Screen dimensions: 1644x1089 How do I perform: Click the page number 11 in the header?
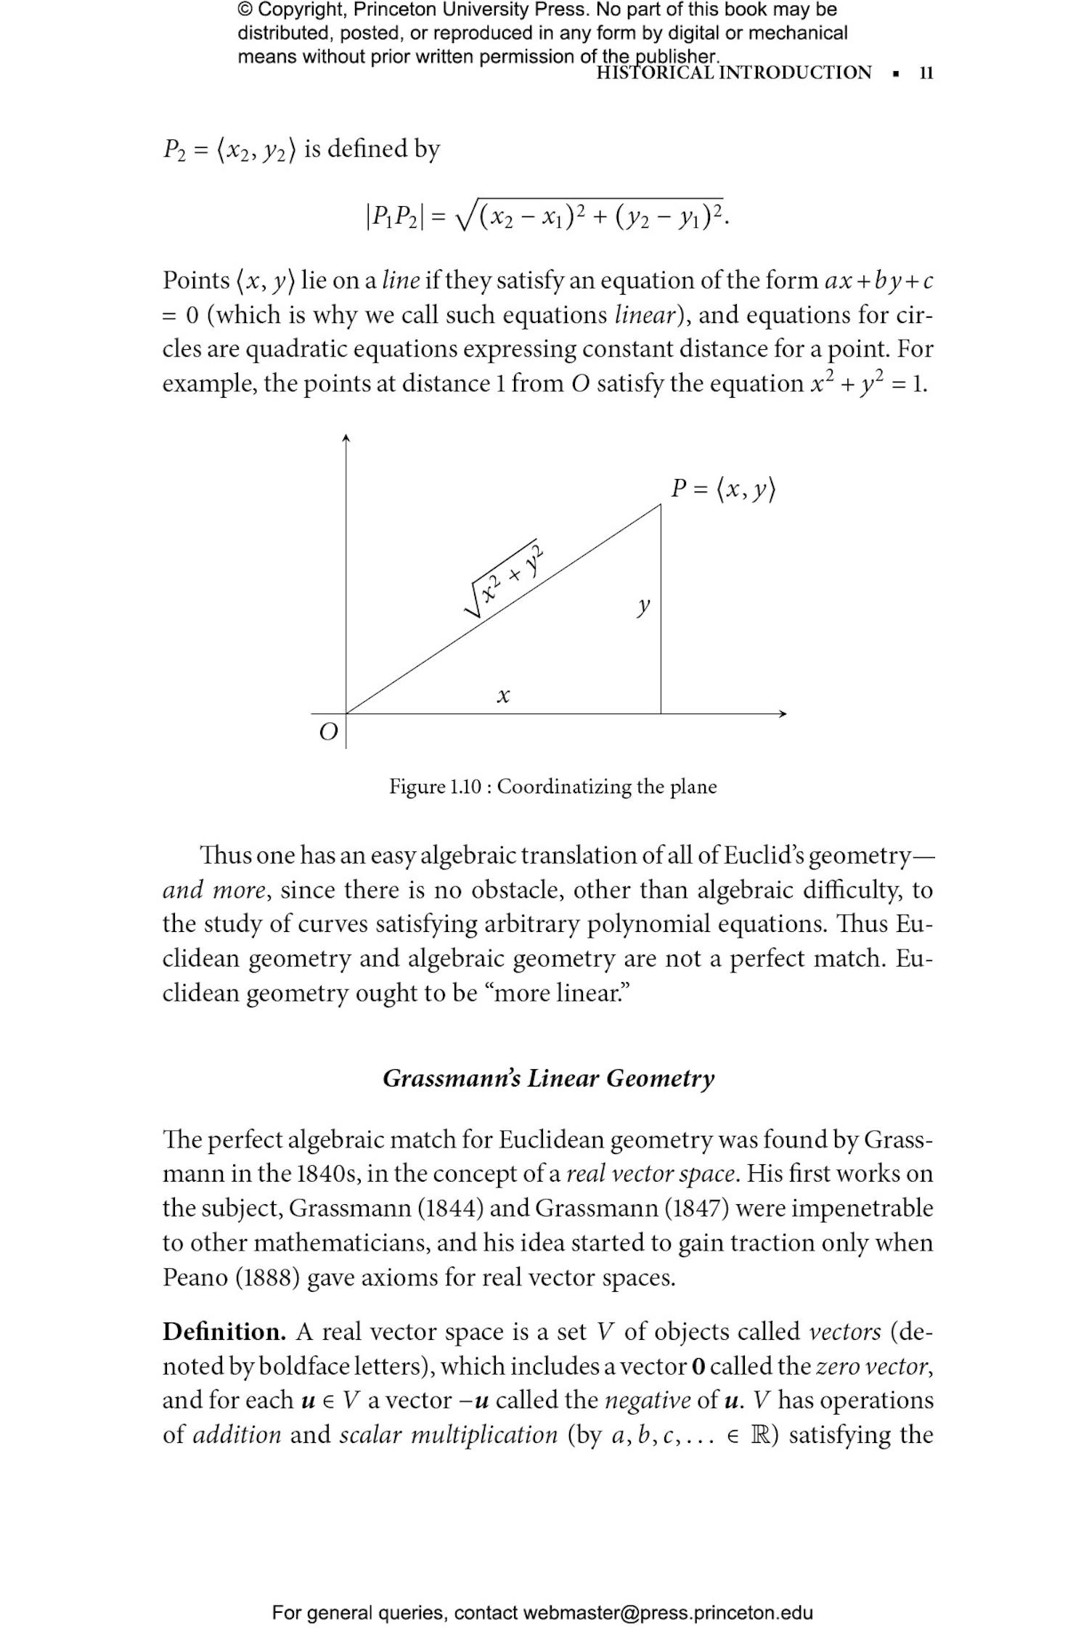tap(926, 73)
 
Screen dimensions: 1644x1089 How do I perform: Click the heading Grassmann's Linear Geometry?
tap(548, 1079)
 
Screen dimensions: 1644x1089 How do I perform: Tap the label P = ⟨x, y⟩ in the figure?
tap(723, 489)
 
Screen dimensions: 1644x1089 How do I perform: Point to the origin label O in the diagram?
tap(329, 732)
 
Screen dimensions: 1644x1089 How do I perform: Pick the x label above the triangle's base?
tap(503, 696)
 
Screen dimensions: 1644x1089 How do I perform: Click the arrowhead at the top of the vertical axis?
tap(346, 438)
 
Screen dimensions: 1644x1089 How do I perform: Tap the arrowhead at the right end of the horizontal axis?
tap(783, 714)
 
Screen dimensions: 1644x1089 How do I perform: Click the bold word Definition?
tap(224, 1332)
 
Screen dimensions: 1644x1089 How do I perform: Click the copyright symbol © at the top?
tap(245, 10)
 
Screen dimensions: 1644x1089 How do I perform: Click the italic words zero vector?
tap(871, 1367)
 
